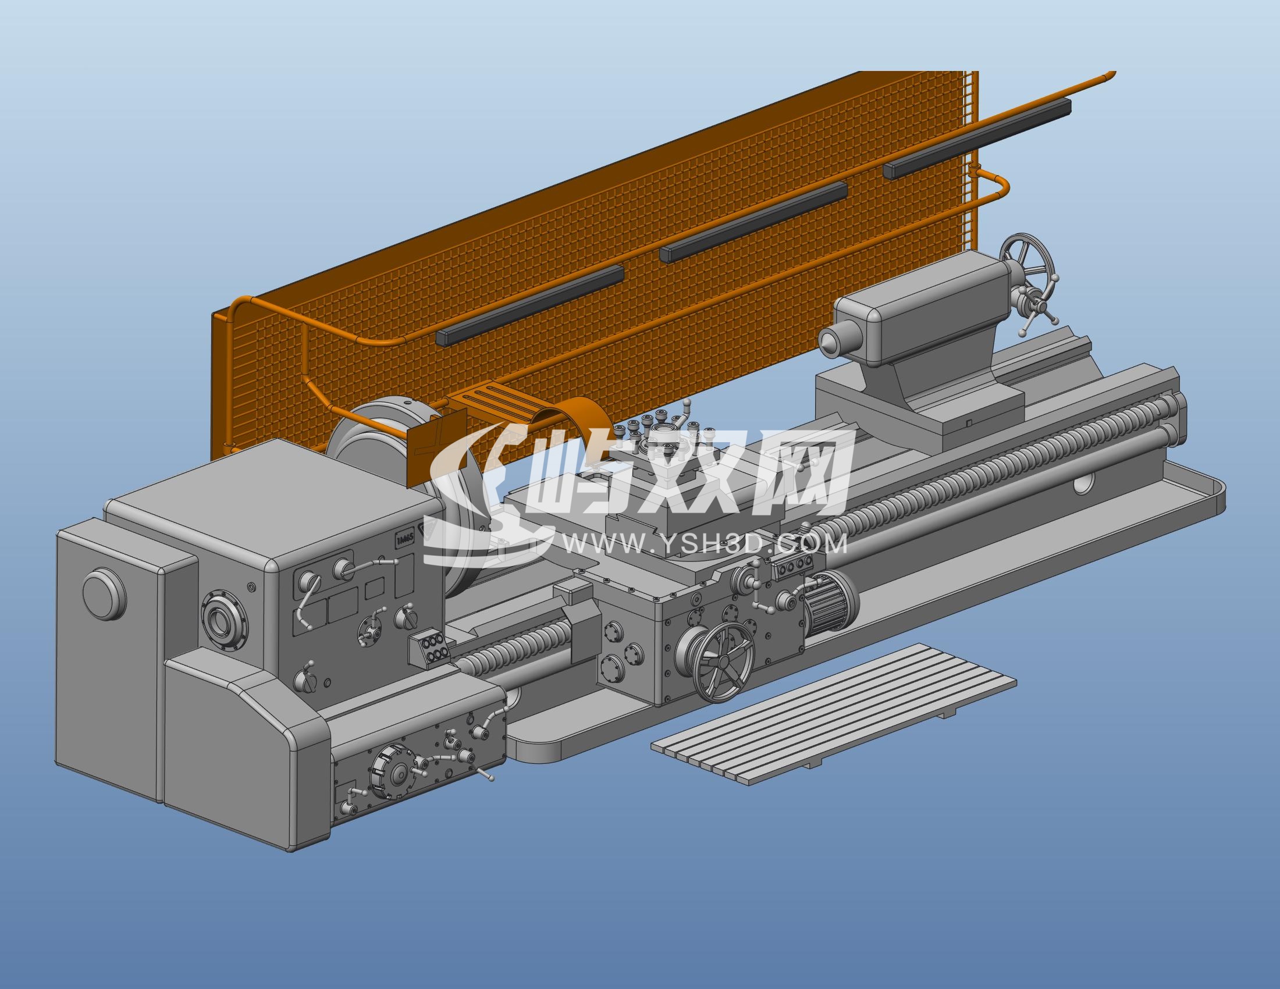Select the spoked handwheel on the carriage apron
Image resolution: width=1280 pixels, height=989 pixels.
pos(723,661)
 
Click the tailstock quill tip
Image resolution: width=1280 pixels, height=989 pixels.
pos(827,341)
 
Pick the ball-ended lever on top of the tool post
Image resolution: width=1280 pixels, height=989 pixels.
pos(687,405)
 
